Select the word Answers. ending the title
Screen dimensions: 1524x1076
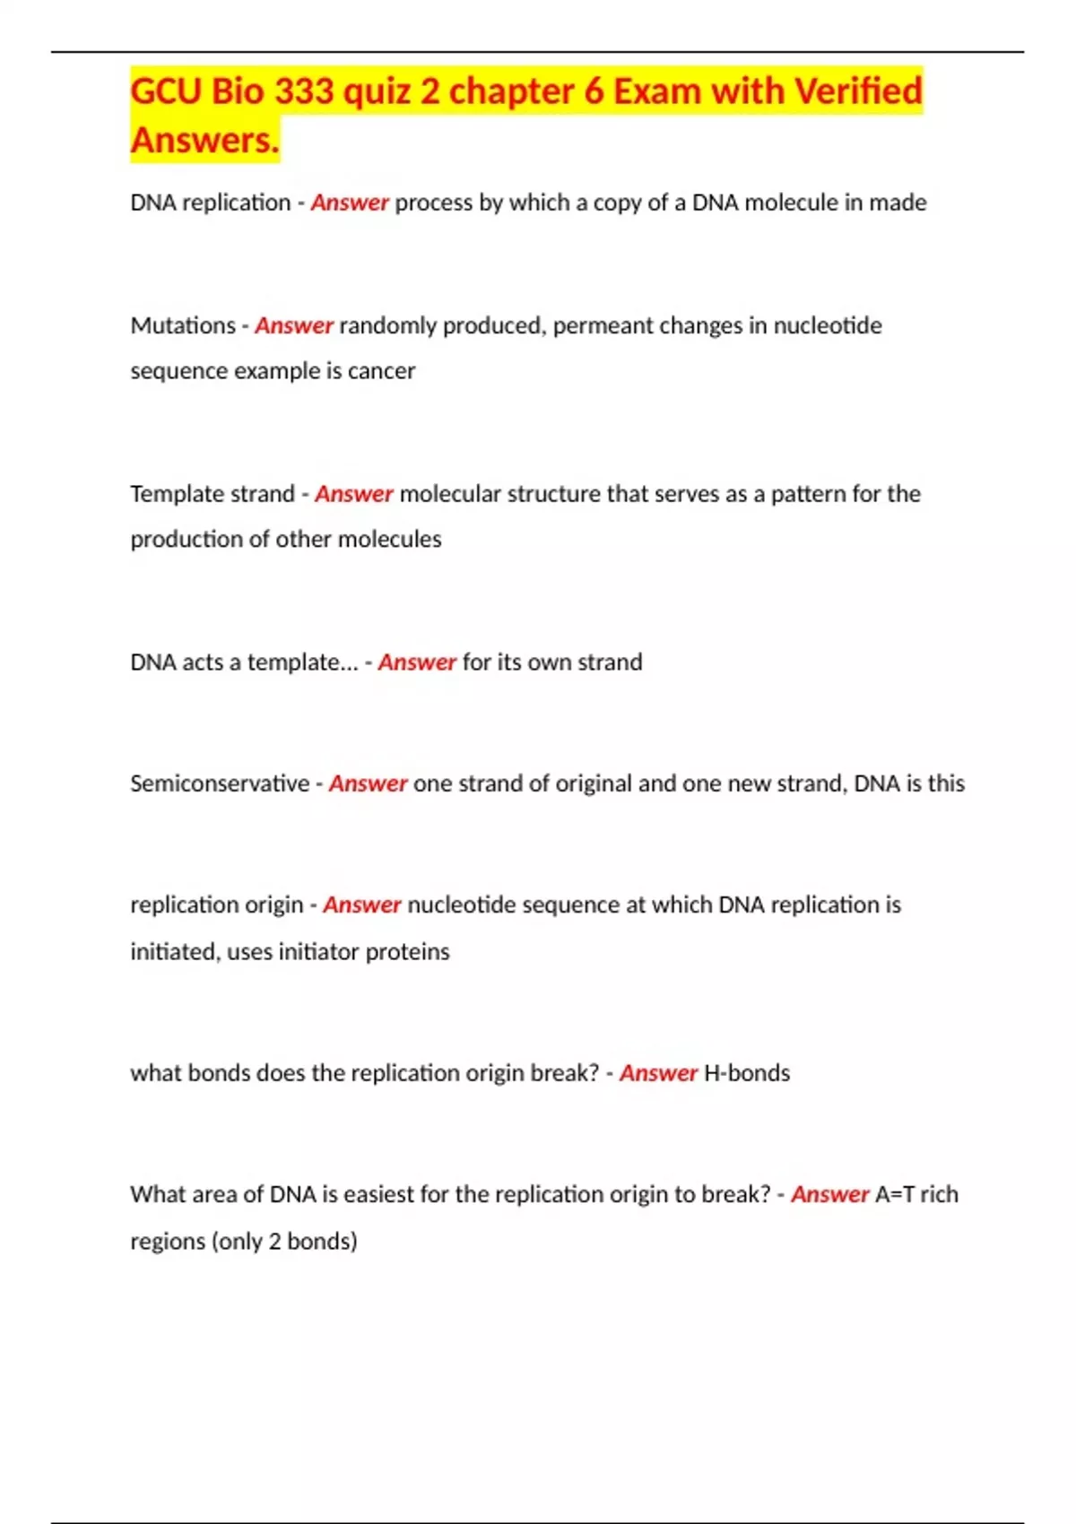[x=205, y=141]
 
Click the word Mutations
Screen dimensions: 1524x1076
[x=183, y=325]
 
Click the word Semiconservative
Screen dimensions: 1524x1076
[x=220, y=784]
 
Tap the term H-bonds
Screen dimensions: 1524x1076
[x=747, y=1073]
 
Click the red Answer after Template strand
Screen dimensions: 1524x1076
[x=354, y=494]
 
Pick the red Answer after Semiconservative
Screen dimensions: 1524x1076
[x=368, y=784]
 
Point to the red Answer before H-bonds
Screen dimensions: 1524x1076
[x=658, y=1073]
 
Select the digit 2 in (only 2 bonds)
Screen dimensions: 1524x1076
[x=275, y=1242]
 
